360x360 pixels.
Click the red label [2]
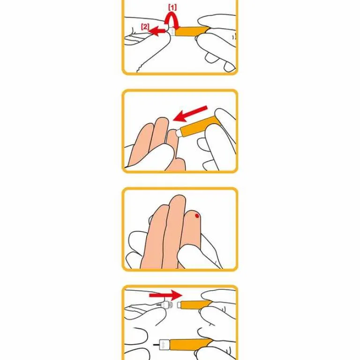(145, 27)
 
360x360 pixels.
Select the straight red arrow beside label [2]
(158, 31)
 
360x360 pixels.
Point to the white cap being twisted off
(172, 32)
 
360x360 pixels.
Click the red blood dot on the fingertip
(197, 216)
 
